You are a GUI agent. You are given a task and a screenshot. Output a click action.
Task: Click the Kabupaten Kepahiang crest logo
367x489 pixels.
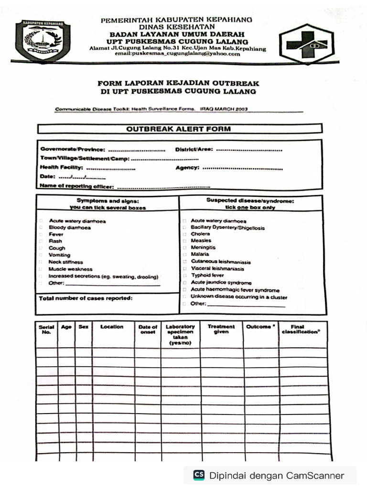pyautogui.click(x=43, y=41)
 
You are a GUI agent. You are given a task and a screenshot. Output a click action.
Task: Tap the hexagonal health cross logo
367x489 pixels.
pyautogui.click(x=307, y=43)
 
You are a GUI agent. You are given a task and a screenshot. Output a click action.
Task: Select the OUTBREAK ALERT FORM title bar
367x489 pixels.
pyautogui.click(x=179, y=129)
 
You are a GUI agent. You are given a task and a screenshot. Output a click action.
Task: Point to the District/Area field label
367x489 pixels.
pyautogui.click(x=194, y=149)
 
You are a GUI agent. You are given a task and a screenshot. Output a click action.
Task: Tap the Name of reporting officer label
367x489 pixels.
pyautogui.click(x=76, y=186)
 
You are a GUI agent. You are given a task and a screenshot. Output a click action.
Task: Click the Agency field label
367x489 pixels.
pyautogui.click(x=187, y=168)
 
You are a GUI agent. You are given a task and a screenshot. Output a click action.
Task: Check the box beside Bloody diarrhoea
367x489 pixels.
pyautogui.click(x=42, y=228)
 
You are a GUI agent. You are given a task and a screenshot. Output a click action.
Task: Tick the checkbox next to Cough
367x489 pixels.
pyautogui.click(x=42, y=248)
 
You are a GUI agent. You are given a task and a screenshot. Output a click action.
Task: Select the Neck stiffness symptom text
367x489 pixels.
pyautogui.click(x=65, y=262)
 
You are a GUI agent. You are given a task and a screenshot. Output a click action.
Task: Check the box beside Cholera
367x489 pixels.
pyautogui.click(x=184, y=234)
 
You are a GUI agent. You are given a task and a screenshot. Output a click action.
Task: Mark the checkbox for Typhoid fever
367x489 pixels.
pyautogui.click(x=184, y=276)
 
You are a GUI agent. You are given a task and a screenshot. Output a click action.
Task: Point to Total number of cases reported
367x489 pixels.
pyautogui.click(x=86, y=298)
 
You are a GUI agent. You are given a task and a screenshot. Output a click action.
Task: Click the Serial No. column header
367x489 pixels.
pyautogui.click(x=46, y=330)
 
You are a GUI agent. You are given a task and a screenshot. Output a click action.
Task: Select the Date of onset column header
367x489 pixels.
pyautogui.click(x=148, y=330)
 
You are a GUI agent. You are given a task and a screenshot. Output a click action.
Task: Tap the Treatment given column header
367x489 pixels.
pyautogui.click(x=221, y=329)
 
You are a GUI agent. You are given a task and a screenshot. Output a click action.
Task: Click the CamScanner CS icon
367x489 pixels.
pyautogui.click(x=199, y=475)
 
